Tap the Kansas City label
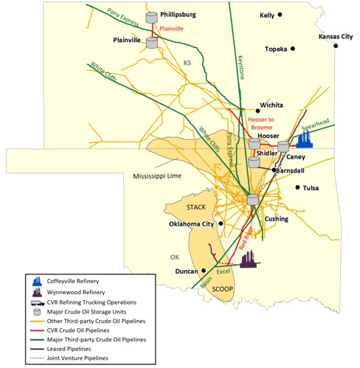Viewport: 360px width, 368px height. click(x=336, y=36)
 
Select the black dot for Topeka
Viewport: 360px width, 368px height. click(x=293, y=49)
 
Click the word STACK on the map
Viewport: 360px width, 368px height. click(x=196, y=207)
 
